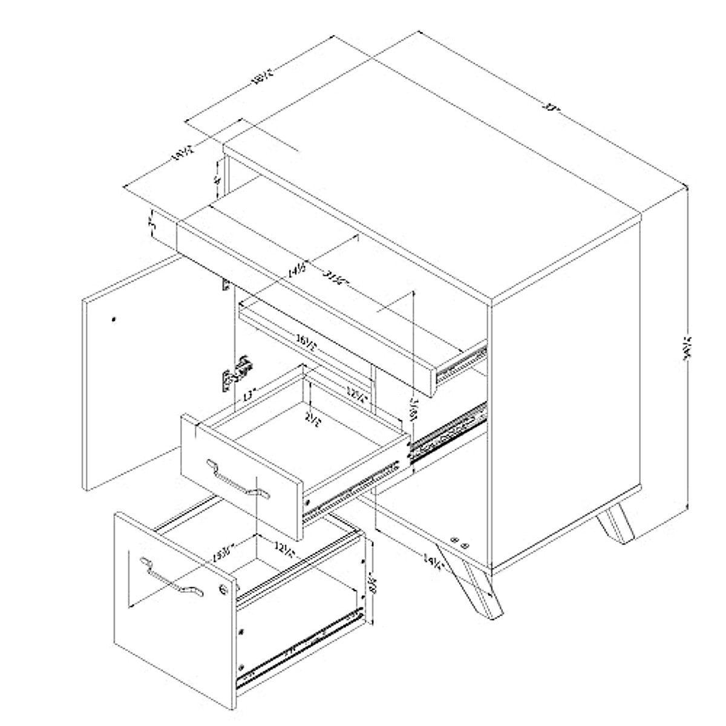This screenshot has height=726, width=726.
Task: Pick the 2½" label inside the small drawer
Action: coord(312,418)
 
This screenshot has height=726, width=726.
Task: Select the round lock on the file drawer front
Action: coord(226,589)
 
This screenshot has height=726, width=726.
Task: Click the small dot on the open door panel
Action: coord(114,318)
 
